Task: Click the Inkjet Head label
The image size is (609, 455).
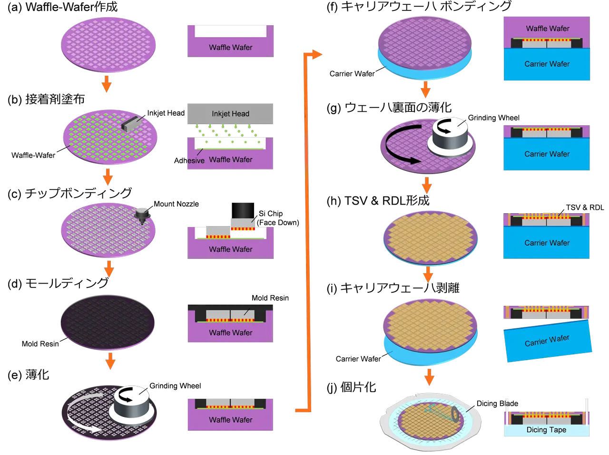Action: click(x=230, y=114)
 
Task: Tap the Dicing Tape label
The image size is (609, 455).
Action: click(x=546, y=430)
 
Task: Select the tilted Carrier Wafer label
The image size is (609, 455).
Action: click(x=547, y=341)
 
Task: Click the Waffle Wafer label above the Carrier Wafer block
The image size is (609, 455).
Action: click(x=547, y=29)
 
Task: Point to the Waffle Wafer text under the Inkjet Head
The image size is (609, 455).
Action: click(x=231, y=159)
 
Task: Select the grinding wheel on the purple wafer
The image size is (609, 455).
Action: click(x=451, y=136)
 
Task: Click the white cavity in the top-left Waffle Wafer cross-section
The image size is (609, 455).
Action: click(x=230, y=31)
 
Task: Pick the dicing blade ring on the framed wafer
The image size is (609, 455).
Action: click(x=455, y=415)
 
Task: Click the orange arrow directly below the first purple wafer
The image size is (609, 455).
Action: click(x=107, y=84)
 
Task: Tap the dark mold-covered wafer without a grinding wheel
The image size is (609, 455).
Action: click(x=108, y=322)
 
